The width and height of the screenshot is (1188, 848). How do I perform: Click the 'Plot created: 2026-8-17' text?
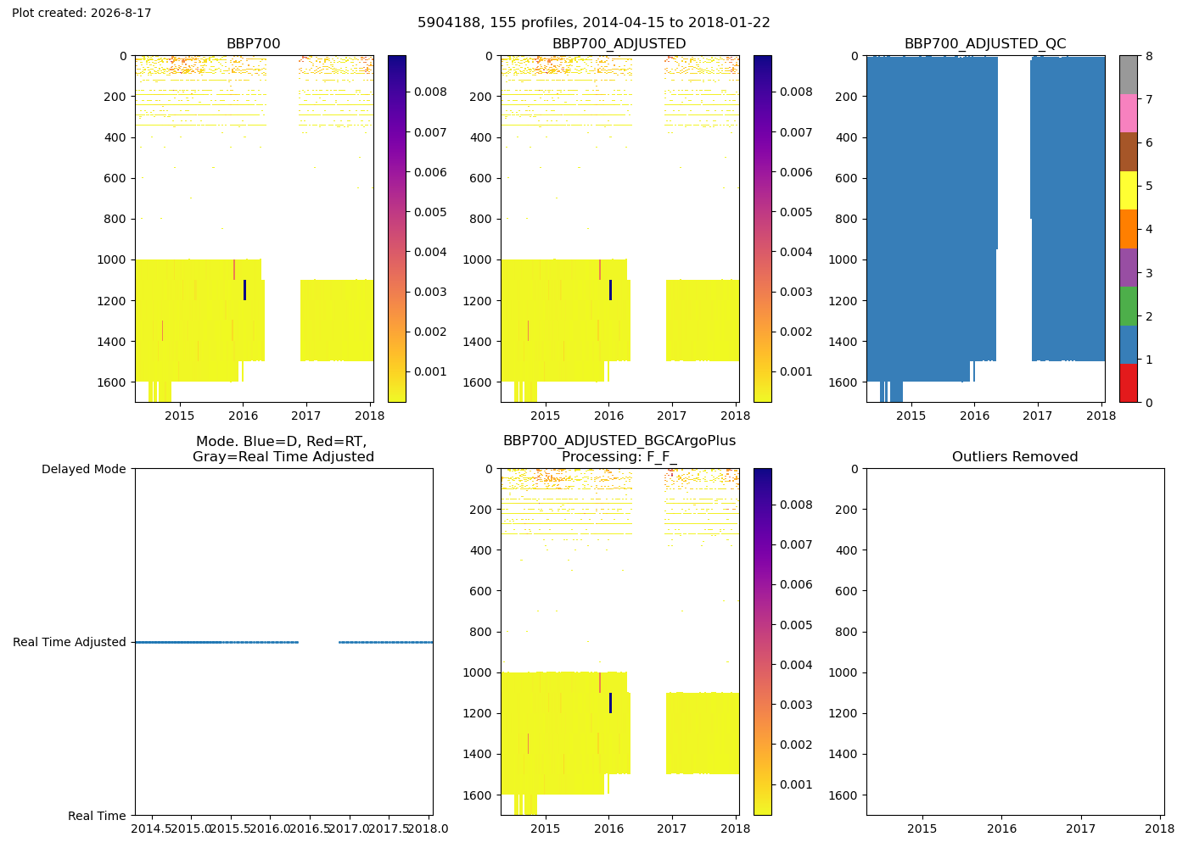81,13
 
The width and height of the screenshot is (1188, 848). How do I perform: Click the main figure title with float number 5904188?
593,23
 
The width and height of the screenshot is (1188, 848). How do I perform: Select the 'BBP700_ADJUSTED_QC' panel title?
985,44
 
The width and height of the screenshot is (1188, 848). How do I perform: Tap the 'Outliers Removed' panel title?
1015,457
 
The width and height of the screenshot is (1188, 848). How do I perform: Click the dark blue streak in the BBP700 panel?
244,290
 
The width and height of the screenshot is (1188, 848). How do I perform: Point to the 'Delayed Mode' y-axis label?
84,469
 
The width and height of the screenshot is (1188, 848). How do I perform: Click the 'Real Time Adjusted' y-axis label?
70,643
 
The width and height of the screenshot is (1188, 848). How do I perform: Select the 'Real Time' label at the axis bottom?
97,816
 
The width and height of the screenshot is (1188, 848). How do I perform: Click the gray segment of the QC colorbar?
1128,75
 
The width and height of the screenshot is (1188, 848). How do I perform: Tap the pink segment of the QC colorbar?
1128,114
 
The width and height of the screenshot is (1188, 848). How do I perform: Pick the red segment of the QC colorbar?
1128,383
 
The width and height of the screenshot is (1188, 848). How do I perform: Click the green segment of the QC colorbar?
1128,306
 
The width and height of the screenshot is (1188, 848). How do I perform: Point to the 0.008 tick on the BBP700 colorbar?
430,92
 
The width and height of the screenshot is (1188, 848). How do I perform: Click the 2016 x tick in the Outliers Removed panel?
1001,828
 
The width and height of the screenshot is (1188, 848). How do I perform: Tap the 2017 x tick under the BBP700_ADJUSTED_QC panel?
1037,416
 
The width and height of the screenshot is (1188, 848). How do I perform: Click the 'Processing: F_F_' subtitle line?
619,457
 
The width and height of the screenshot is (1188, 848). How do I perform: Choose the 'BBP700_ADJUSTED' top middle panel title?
619,44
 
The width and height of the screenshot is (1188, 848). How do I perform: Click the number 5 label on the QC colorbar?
1149,186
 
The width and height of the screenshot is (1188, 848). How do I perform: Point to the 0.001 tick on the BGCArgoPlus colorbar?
796,785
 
